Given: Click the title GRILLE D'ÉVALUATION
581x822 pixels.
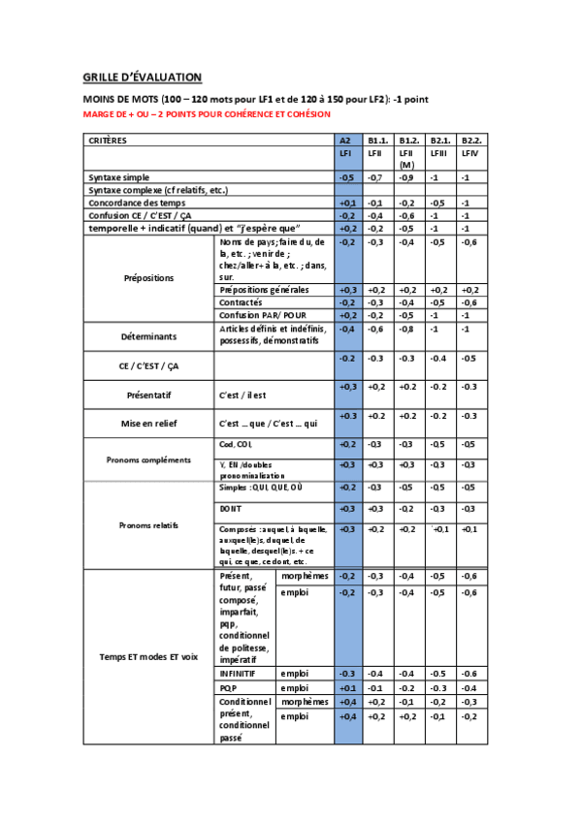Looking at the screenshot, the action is tap(142, 77).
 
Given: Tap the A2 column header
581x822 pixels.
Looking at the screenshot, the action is tap(345, 141).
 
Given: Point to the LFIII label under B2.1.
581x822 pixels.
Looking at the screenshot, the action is tap(438, 153).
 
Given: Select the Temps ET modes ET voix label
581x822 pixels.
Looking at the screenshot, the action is tap(148, 656).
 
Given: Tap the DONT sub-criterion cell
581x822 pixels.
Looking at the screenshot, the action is tap(231, 508).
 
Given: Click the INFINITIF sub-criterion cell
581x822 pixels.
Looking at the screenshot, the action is tap(240, 673).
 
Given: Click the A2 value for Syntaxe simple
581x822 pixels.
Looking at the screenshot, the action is tap(346, 178).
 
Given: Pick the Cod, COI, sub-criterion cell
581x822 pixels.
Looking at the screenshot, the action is tap(235, 444).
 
